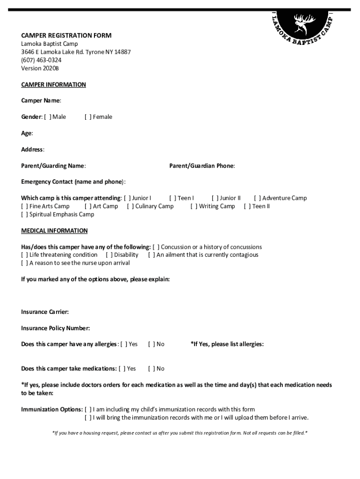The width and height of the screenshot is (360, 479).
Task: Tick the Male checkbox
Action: (x=47, y=117)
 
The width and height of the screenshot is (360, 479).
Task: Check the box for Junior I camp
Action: (x=127, y=198)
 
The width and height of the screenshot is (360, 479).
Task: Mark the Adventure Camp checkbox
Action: (x=257, y=198)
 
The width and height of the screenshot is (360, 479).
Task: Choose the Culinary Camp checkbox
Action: (x=130, y=206)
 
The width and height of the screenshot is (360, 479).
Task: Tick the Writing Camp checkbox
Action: (x=194, y=206)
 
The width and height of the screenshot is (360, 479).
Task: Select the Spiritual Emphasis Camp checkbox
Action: (x=24, y=215)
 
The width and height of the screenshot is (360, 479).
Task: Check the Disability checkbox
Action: (x=109, y=255)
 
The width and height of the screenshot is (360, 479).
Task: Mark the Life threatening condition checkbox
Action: (x=24, y=255)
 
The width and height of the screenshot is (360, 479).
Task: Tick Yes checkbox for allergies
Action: (x=124, y=344)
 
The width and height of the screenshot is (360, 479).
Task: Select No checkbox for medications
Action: (x=151, y=369)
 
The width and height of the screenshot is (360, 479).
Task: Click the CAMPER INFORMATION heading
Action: (x=53, y=85)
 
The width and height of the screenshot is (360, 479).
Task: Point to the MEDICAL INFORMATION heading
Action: (x=54, y=231)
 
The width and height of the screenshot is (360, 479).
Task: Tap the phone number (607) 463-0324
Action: (x=41, y=60)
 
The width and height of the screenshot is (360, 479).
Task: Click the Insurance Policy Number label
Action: (x=55, y=328)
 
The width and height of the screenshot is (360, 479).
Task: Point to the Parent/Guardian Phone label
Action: (x=202, y=166)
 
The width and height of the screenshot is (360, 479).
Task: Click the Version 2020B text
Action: (x=40, y=68)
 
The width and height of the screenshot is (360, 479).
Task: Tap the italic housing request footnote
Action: (x=180, y=433)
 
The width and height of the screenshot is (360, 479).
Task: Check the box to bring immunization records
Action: (x=88, y=418)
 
